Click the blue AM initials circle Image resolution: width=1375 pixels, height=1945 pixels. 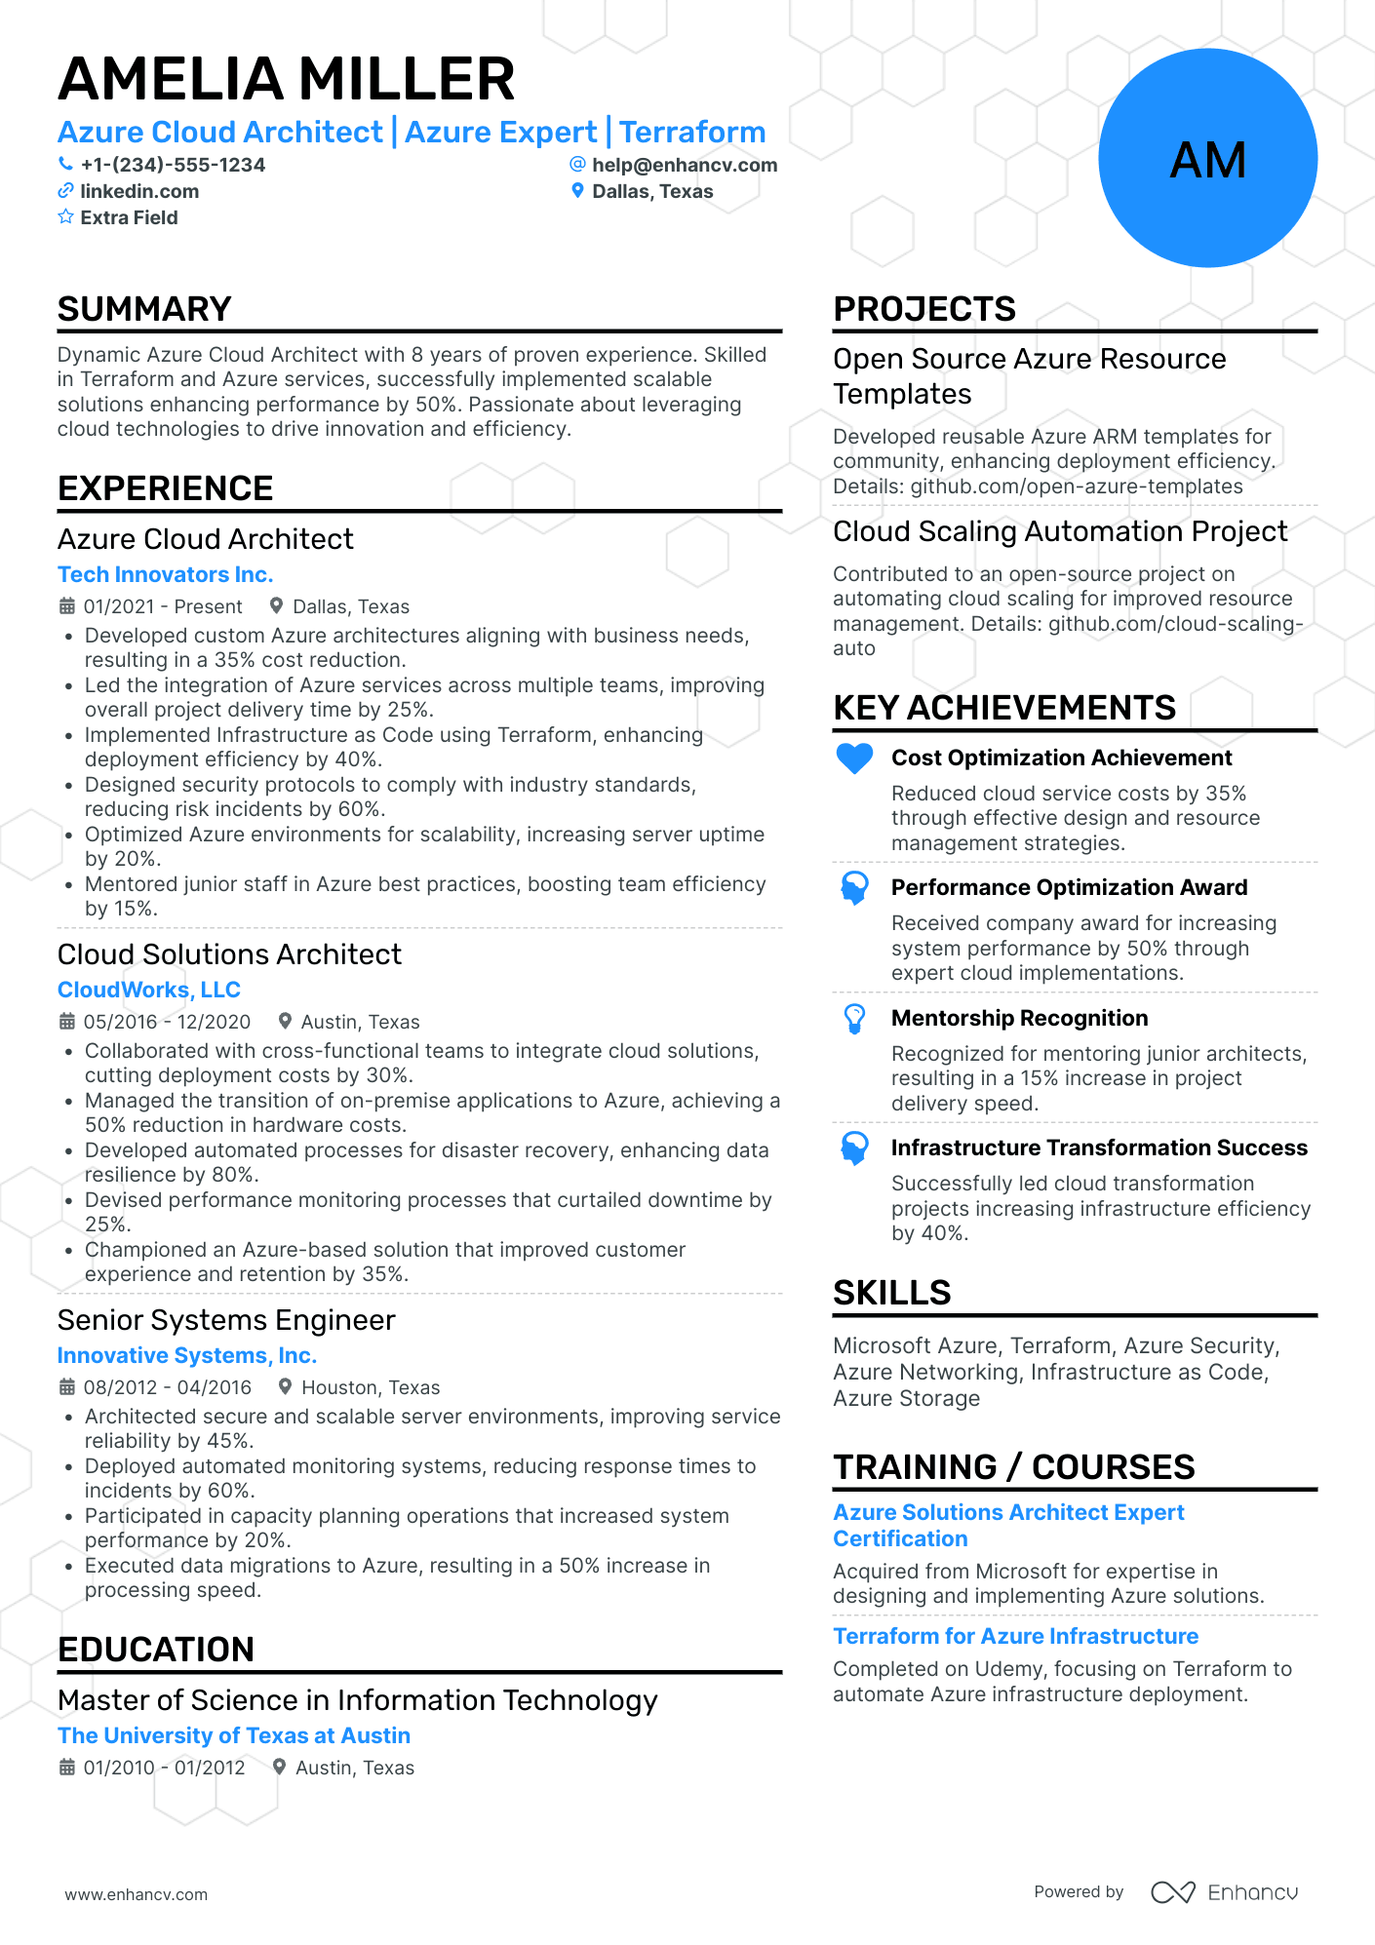1207,159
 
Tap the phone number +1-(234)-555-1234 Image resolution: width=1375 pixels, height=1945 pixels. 173,165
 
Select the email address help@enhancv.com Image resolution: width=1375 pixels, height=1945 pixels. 685,165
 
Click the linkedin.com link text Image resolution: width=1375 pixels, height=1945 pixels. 139,191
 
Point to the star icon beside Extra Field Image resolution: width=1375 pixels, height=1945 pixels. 65,216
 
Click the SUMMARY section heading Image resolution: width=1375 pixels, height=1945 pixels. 144,309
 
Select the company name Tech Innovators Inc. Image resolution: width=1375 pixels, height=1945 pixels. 165,574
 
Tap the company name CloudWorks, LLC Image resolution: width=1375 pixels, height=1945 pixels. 148,990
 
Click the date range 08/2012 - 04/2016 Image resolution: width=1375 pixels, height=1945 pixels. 167,1387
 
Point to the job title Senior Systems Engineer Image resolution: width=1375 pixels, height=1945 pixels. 226,1320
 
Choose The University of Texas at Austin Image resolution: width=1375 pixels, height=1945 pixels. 233,1735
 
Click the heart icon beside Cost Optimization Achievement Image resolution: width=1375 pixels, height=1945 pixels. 854,759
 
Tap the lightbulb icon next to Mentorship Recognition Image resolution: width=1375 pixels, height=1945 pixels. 854,1019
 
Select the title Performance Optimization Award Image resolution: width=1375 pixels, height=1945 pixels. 1069,887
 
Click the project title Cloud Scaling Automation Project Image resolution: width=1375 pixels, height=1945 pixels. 1059,531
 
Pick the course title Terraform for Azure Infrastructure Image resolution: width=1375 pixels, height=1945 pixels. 1015,1636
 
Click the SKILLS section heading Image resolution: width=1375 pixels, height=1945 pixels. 891,1293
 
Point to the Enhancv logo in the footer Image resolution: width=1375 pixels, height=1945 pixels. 1224,1892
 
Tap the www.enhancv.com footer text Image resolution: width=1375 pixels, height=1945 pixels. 136,1894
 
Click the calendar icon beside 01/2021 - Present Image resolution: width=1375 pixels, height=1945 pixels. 67,606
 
